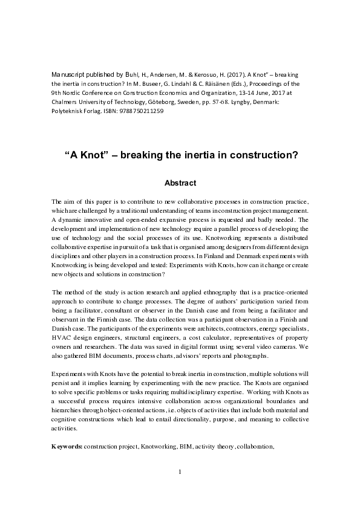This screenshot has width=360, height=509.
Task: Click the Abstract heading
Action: click(180, 181)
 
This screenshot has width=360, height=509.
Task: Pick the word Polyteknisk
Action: click(68, 112)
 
